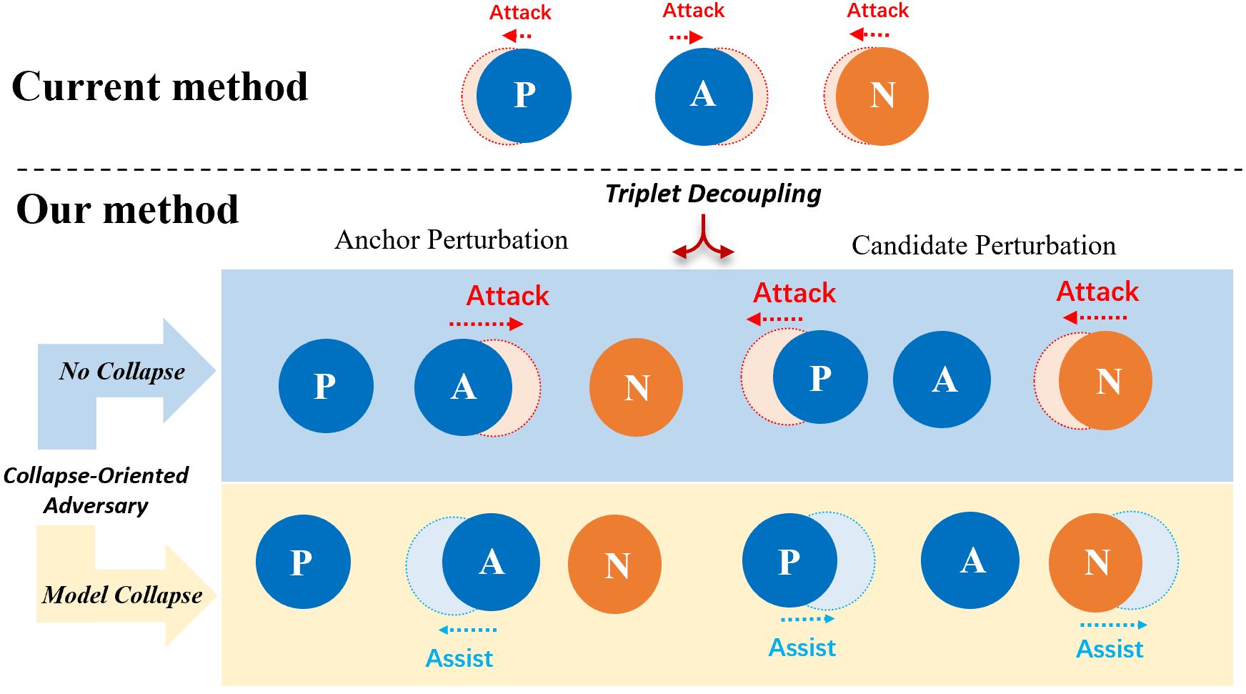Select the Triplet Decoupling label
tap(712, 194)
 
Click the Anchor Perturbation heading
tap(451, 240)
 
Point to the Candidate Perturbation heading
tap(983, 246)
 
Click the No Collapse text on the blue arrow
tap(122, 372)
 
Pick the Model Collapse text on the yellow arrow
tap(122, 595)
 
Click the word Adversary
tap(96, 506)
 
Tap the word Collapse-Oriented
tap(96, 476)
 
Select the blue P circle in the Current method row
tap(524, 96)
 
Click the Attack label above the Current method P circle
tap(520, 13)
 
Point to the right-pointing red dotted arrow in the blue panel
tap(486, 324)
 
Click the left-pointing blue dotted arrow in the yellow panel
tap(467, 630)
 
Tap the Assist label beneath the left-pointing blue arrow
tap(459, 658)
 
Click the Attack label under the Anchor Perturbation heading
tap(507, 296)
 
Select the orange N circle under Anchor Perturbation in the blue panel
tap(636, 387)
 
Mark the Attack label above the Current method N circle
tap(877, 11)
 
